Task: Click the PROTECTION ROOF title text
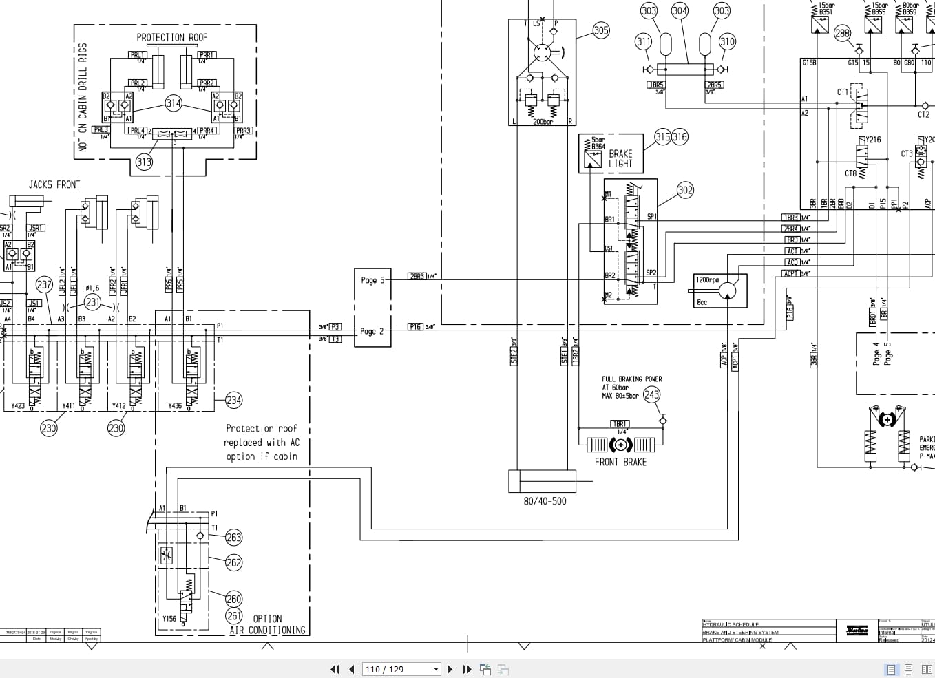[171, 38]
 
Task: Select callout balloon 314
[174, 103]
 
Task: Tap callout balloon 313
[143, 162]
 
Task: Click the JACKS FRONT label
[54, 184]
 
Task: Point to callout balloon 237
[44, 284]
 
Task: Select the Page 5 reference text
[372, 280]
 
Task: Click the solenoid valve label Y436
[175, 406]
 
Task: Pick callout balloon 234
[233, 400]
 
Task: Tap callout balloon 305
[601, 30]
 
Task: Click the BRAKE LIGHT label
[620, 159]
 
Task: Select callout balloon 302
[685, 190]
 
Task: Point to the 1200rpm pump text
[708, 280]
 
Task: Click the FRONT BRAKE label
[620, 462]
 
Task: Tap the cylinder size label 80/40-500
[545, 501]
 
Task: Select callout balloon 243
[651, 394]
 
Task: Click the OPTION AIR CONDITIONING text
[268, 624]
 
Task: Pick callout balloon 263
[233, 538]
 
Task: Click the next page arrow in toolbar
[450, 669]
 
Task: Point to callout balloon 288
[842, 33]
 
